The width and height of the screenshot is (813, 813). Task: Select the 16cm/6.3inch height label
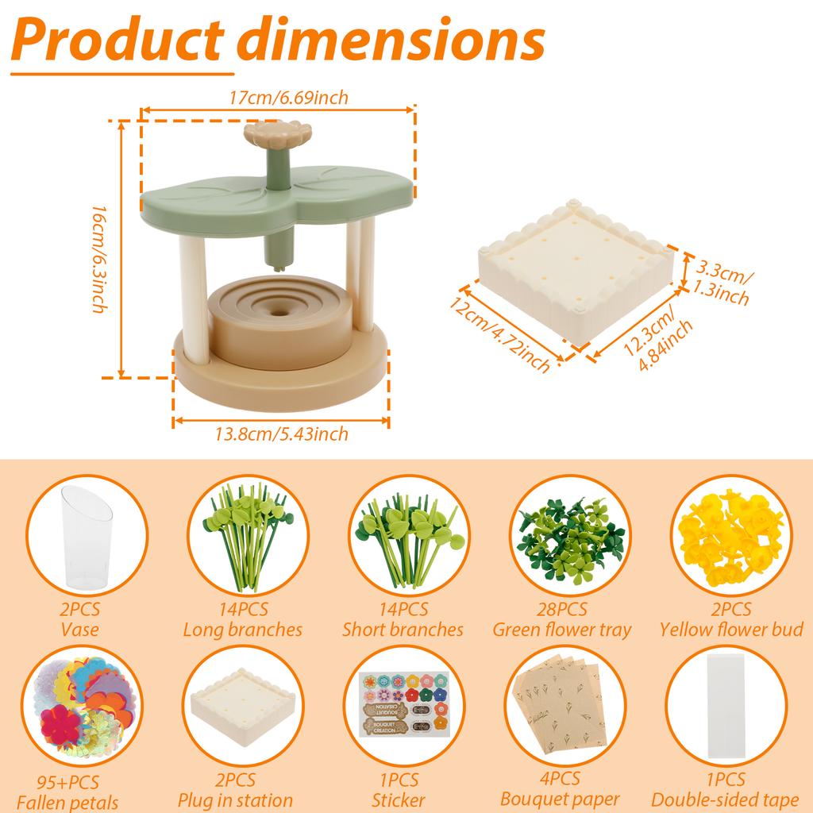click(98, 258)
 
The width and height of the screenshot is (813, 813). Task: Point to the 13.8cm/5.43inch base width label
click(282, 433)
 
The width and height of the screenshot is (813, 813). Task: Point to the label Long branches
click(242, 630)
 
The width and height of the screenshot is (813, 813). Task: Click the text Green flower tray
click(562, 630)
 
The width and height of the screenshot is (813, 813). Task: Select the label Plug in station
click(236, 800)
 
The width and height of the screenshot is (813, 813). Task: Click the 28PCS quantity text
click(562, 610)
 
